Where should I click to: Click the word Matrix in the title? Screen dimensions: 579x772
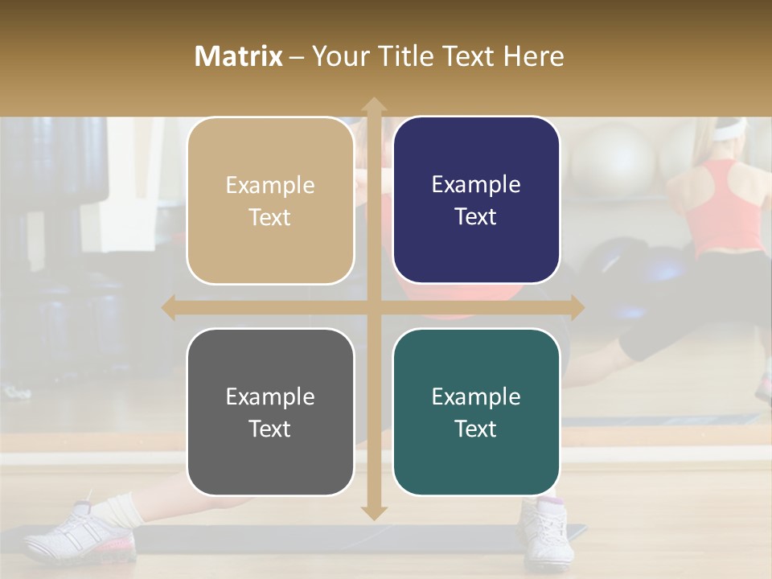(x=238, y=56)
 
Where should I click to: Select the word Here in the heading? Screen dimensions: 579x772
(x=533, y=56)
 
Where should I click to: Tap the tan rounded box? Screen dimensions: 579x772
(x=270, y=200)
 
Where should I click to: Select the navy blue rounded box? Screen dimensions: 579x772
(x=476, y=200)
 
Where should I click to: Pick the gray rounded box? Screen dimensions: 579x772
(x=270, y=412)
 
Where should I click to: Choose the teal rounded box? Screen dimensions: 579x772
(x=476, y=412)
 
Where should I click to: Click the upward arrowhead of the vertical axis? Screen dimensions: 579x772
(x=373, y=105)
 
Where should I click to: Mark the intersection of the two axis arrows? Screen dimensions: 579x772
(x=373, y=308)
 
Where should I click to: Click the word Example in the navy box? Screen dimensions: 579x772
(x=476, y=185)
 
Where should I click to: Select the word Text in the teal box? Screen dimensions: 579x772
(x=476, y=429)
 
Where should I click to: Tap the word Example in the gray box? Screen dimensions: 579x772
(x=270, y=396)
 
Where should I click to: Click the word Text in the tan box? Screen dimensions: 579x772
(x=270, y=217)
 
